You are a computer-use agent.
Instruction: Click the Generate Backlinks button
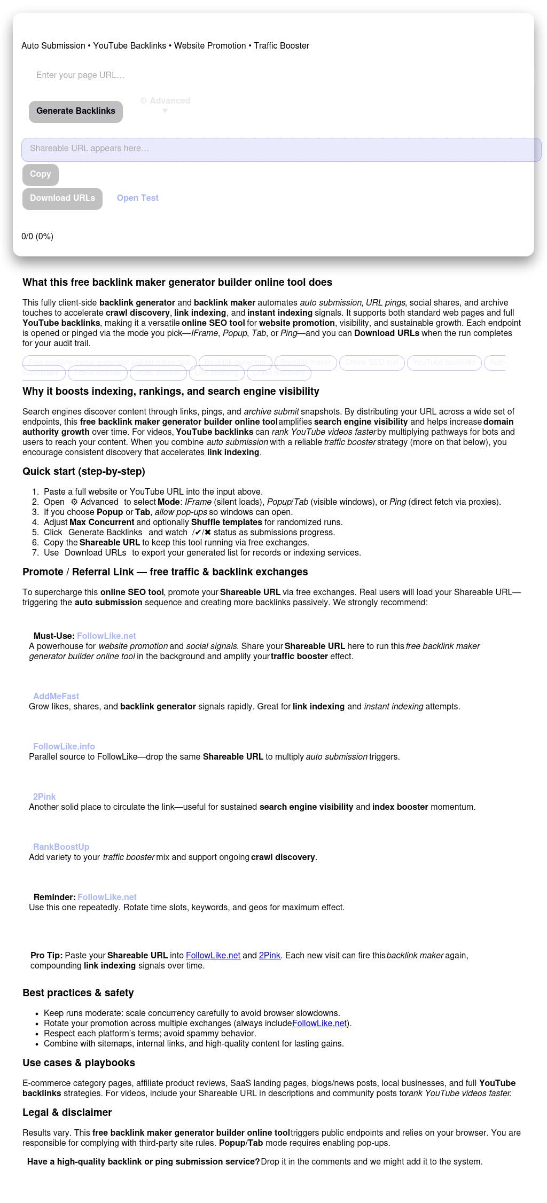[76, 111]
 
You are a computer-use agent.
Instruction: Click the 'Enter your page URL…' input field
[160, 75]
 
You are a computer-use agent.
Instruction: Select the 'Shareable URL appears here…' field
[281, 149]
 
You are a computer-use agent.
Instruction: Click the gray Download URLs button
[62, 198]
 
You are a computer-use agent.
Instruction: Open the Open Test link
[138, 198]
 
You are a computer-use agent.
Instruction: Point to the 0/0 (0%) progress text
[37, 236]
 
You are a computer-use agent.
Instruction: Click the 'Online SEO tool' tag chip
[372, 362]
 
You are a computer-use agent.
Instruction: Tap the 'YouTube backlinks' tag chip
[444, 362]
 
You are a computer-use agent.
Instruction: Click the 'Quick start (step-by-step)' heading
[84, 472]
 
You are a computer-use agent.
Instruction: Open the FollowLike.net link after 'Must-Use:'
[106, 636]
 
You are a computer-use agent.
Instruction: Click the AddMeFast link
[56, 696]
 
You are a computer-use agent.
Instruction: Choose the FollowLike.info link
[64, 746]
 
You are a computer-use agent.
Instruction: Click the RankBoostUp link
[61, 847]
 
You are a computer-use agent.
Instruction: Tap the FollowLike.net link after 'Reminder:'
[107, 897]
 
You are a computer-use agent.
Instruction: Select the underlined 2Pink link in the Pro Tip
[270, 955]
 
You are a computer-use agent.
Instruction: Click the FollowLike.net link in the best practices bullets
[319, 1023]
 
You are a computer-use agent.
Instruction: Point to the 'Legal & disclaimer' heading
[67, 1113]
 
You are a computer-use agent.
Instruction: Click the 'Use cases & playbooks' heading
[79, 1063]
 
